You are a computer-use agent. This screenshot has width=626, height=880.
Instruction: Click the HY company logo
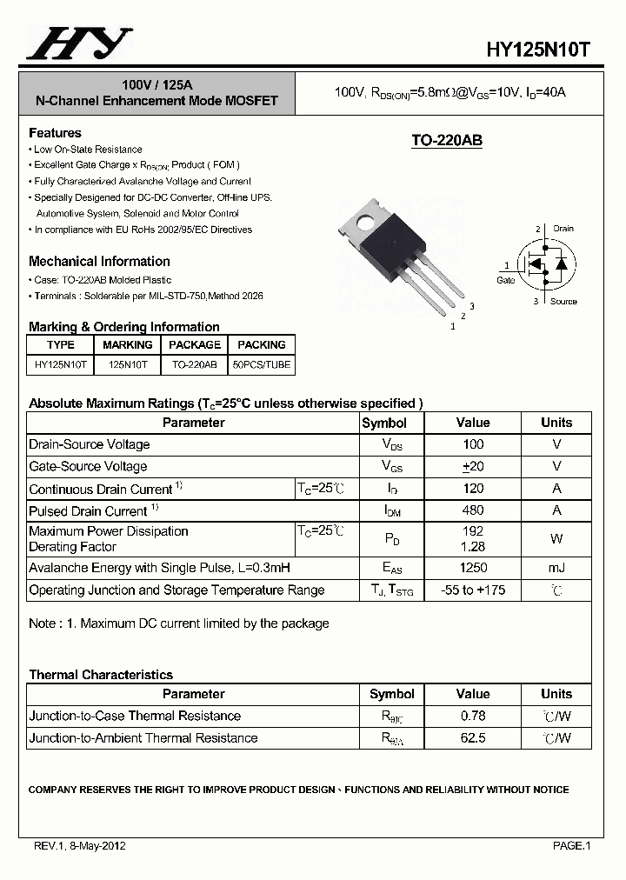click(x=79, y=43)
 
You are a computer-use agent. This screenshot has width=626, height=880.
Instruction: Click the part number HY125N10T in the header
click(x=539, y=50)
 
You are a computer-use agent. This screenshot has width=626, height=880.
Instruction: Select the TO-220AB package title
click(x=446, y=141)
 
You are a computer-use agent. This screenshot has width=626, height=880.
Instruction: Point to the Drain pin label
click(x=563, y=229)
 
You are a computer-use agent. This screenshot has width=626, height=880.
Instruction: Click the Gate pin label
click(x=505, y=280)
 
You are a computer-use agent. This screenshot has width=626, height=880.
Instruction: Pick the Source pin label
click(x=563, y=301)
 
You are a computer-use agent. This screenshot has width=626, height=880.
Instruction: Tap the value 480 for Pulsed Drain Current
click(x=473, y=510)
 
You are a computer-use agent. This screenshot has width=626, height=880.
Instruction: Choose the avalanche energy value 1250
click(x=473, y=568)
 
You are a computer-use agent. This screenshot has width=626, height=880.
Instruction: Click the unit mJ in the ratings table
click(x=556, y=568)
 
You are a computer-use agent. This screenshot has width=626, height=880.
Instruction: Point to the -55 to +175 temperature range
click(x=473, y=590)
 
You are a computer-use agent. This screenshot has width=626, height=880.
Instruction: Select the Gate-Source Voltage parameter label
click(x=88, y=466)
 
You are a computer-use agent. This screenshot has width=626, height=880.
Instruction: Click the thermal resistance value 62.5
click(x=473, y=737)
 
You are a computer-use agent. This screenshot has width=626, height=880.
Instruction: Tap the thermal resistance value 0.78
click(x=473, y=716)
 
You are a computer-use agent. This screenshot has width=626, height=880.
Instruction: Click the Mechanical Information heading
click(x=99, y=261)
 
